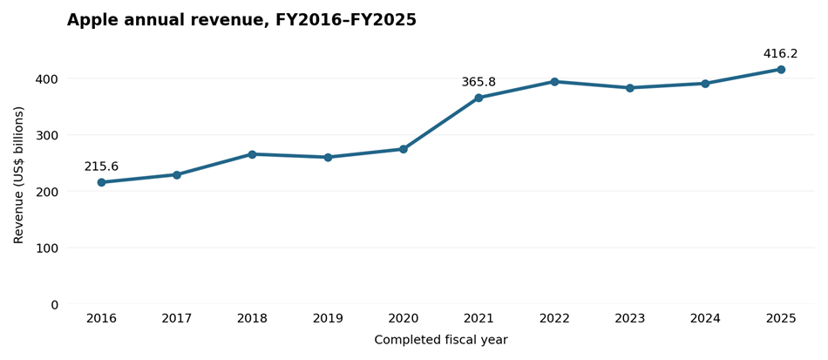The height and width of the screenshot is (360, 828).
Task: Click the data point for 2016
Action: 101,182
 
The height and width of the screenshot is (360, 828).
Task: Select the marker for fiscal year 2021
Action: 479,98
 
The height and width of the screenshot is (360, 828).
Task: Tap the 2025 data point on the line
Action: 781,70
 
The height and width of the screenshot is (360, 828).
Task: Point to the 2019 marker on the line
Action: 328,157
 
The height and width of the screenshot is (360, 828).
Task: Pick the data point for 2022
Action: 554,82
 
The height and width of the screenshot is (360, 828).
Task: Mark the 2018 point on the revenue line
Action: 253,154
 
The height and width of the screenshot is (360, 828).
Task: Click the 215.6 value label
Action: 101,166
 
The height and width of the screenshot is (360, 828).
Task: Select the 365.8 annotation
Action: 479,82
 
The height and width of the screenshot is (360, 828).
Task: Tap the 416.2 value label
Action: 780,54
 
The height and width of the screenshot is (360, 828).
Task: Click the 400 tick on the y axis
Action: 48,78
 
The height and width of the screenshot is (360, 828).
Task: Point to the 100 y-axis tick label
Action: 48,248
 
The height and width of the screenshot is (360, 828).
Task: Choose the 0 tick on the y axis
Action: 55,304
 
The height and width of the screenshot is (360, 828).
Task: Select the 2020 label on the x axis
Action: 404,319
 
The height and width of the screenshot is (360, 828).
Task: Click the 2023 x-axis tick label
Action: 630,319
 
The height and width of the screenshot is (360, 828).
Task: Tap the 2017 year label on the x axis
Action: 177,319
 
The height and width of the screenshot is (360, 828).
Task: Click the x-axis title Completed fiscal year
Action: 441,340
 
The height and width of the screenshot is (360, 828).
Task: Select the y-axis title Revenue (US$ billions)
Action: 19,175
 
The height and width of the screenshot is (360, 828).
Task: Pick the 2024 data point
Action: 705,84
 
